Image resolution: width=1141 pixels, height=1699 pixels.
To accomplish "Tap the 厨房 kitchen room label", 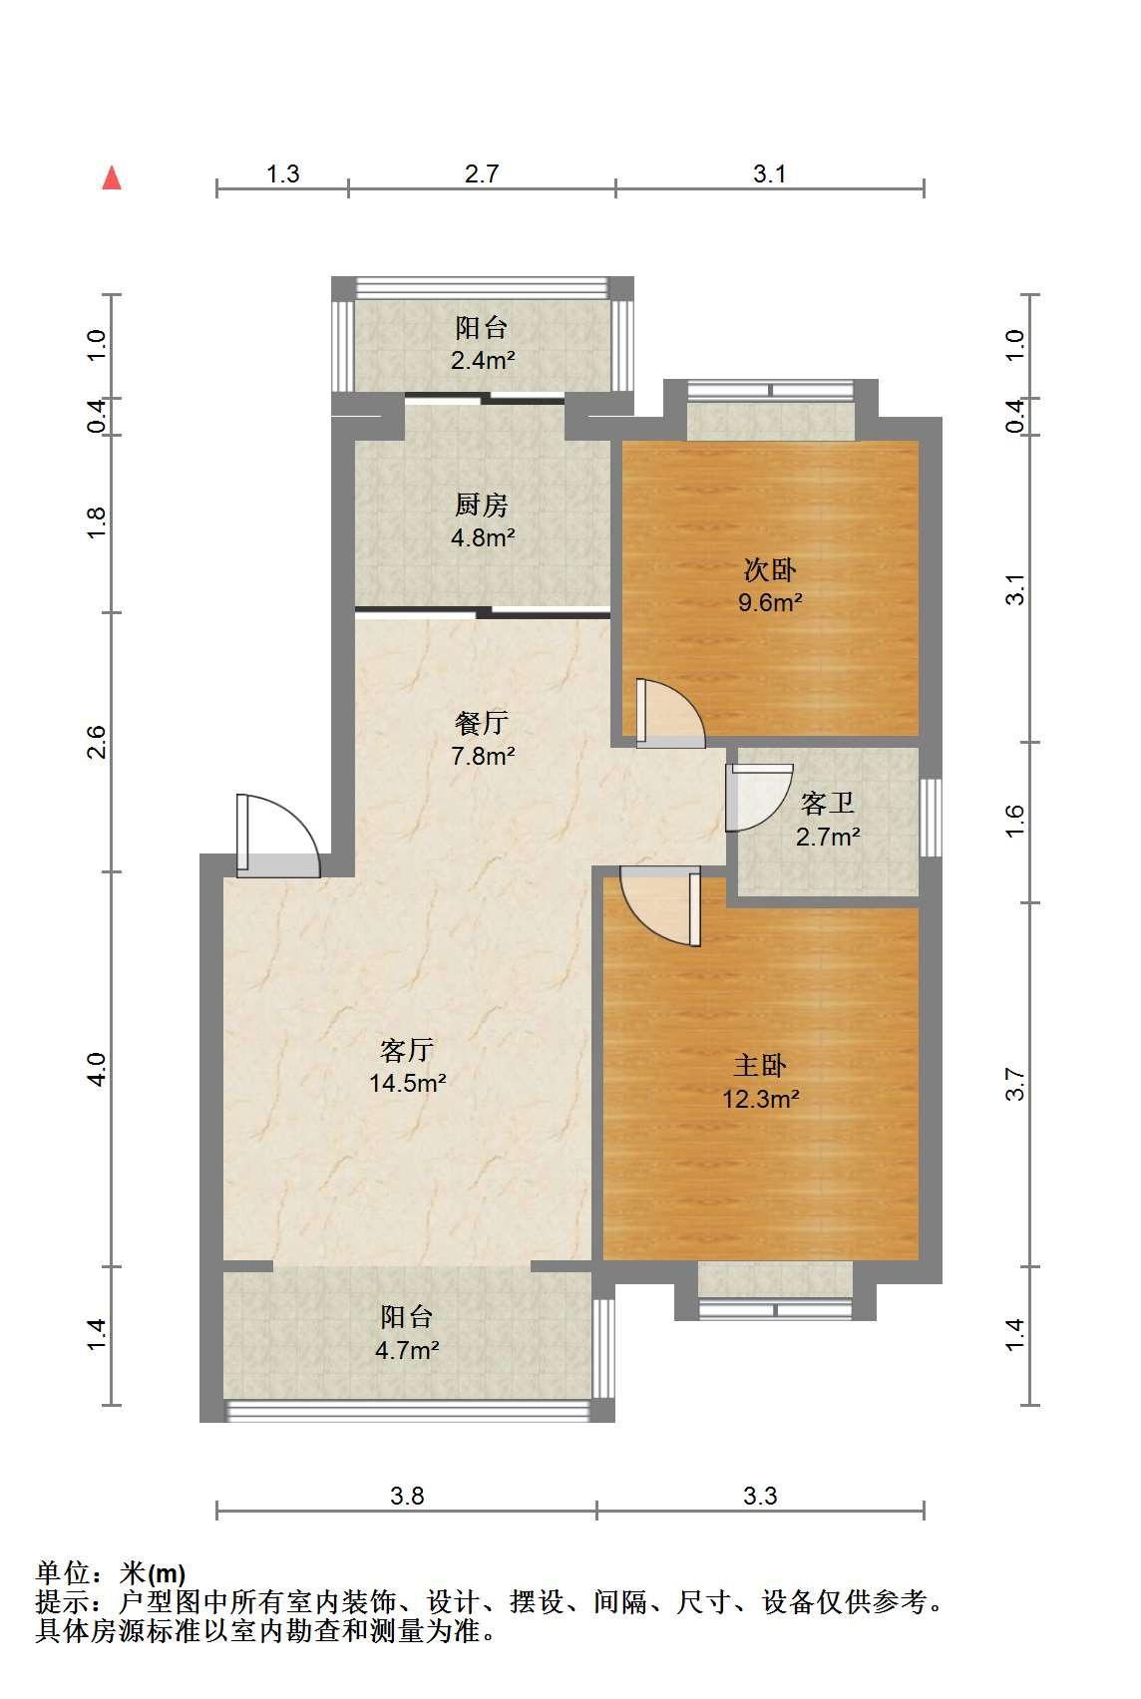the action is tap(482, 505).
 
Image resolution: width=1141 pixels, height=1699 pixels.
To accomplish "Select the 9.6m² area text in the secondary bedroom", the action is tap(770, 602).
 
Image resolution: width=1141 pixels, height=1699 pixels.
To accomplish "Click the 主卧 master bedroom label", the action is tap(760, 1066).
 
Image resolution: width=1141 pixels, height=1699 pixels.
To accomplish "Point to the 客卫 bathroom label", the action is tap(828, 803).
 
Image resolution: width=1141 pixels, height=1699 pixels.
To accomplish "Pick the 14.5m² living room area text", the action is tap(407, 1083).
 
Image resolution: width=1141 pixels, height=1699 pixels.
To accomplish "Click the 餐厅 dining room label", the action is tap(482, 723).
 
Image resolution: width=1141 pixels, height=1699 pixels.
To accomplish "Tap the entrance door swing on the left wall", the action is tap(277, 836).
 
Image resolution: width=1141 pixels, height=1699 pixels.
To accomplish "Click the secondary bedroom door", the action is tap(670, 713).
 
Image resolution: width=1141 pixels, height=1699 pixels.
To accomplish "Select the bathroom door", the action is tap(759, 798).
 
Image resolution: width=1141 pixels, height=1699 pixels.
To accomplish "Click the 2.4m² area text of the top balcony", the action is tap(484, 360).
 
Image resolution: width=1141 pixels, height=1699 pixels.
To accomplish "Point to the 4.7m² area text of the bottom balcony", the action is tap(407, 1351).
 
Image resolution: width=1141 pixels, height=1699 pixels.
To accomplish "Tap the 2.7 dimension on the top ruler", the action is tap(482, 173).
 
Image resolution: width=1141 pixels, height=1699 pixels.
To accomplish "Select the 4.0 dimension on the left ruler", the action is tap(97, 1069).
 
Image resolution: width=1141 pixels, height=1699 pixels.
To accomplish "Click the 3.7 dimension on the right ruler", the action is tap(1015, 1084).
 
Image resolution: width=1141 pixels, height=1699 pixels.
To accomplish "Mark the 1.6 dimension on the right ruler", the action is tap(1015, 822).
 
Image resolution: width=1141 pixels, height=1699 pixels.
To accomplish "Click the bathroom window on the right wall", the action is tap(931, 818).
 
